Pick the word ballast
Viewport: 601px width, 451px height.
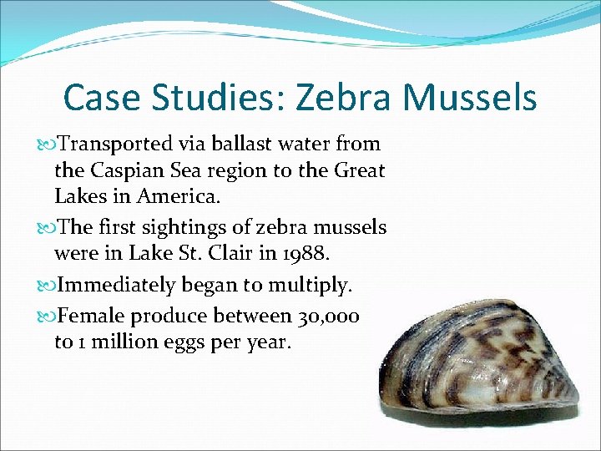tap(240, 144)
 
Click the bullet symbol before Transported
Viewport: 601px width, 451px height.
tap(46, 145)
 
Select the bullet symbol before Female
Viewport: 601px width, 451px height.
tap(46, 317)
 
